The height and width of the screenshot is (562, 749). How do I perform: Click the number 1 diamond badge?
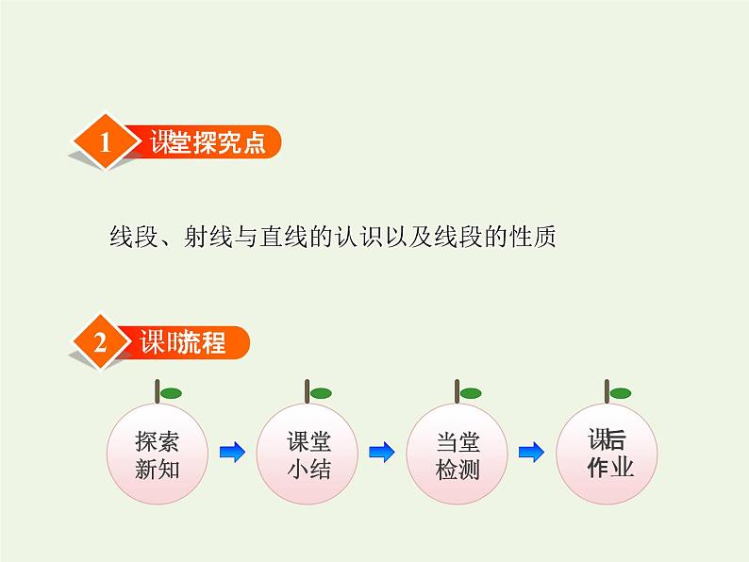(x=105, y=143)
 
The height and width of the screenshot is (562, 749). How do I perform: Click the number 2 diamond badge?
(x=101, y=343)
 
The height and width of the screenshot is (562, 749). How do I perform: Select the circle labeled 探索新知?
(x=157, y=455)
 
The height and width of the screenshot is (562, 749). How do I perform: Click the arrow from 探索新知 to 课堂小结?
(x=232, y=454)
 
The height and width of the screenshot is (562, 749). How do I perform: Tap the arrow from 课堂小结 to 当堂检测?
(x=381, y=454)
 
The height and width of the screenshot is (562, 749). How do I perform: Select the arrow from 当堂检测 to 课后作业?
(x=532, y=454)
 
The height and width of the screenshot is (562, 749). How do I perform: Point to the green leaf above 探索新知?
(x=171, y=393)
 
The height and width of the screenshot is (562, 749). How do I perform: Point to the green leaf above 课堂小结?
(x=321, y=393)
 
